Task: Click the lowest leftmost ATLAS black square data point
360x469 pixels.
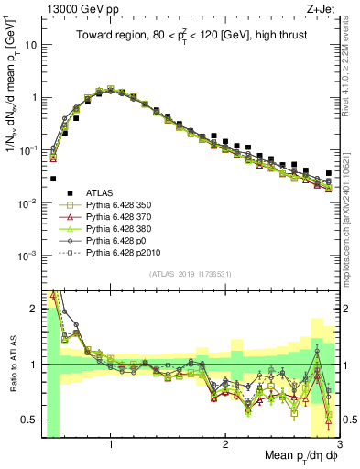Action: pyautogui.click(x=53, y=179)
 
